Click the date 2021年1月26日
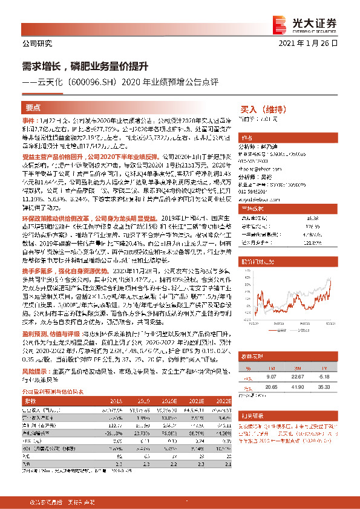point(315,44)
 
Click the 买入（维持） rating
point(258,110)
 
